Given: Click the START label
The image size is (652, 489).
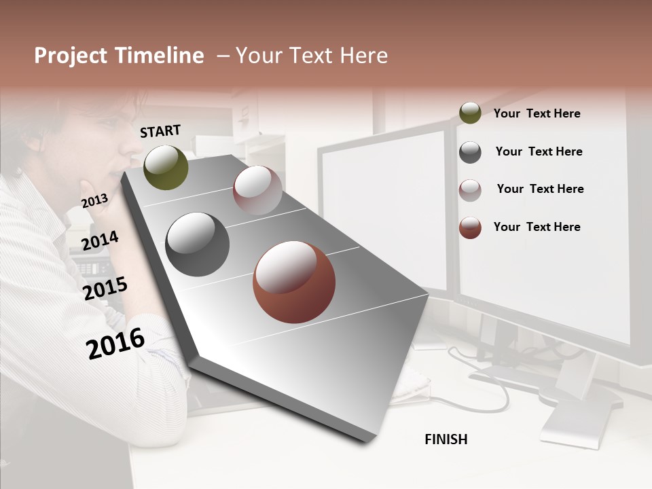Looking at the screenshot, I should pyautogui.click(x=160, y=131).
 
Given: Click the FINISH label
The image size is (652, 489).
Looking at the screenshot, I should pyautogui.click(x=446, y=439).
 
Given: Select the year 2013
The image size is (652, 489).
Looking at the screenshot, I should pyautogui.click(x=94, y=200).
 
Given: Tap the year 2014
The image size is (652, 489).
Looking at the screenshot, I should pyautogui.click(x=100, y=240).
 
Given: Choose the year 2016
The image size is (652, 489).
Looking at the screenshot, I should pyautogui.click(x=115, y=343).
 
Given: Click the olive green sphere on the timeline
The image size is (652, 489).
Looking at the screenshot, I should pyautogui.click(x=166, y=168).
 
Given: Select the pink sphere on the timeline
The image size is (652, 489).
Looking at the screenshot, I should pyautogui.click(x=257, y=190).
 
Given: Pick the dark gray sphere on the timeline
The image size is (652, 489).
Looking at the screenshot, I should pyautogui.click(x=198, y=244).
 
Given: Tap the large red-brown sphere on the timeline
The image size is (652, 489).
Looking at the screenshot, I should pyautogui.click(x=294, y=283).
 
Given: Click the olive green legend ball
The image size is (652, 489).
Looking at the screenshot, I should pyautogui.click(x=470, y=113).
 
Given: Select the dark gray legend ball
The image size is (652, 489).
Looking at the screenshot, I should pyautogui.click(x=470, y=152).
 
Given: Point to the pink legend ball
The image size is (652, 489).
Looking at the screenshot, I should pyautogui.click(x=470, y=190).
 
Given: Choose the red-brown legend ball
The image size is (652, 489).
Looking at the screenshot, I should pyautogui.click(x=470, y=228).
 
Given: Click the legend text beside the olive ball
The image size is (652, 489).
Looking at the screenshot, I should pyautogui.click(x=537, y=113).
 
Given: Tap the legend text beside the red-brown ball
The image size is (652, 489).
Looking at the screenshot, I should pyautogui.click(x=537, y=227).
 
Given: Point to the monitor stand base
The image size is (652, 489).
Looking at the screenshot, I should pyautogui.click(x=570, y=424).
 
